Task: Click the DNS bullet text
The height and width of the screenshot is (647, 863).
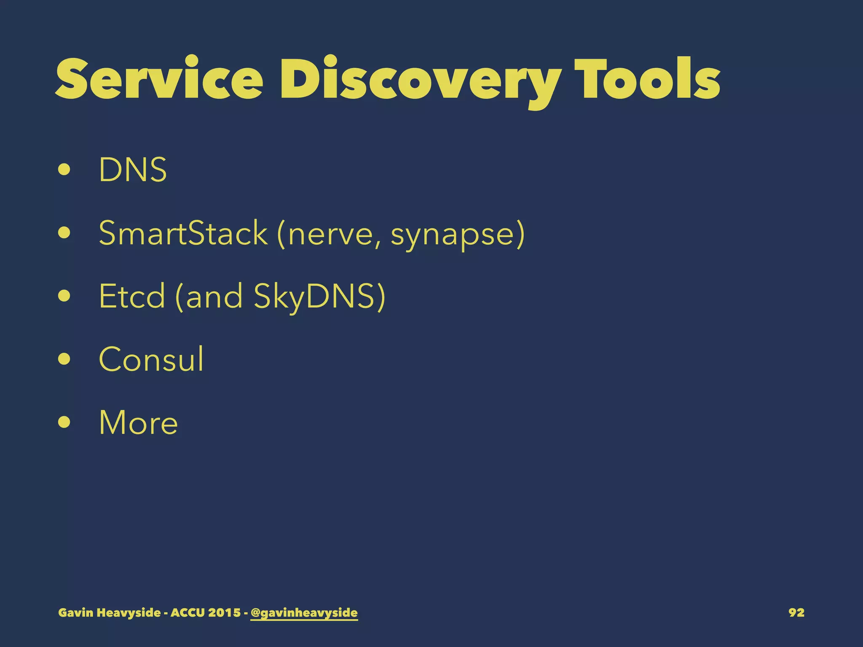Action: [x=133, y=170]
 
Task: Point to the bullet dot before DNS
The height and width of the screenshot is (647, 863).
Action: [x=64, y=170]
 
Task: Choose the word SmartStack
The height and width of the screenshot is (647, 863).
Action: [x=183, y=233]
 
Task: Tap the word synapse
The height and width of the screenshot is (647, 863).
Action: [x=453, y=235]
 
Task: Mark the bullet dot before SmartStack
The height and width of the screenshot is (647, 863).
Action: [x=64, y=233]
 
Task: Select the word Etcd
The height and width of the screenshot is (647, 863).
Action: [x=132, y=296]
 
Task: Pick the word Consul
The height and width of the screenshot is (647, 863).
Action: [x=151, y=359]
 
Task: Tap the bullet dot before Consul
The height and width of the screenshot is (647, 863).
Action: [x=64, y=359]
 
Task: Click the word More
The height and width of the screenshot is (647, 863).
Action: [x=138, y=422]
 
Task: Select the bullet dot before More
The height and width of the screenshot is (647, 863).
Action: [x=64, y=422]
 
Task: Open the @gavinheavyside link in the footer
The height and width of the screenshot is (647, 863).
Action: [x=304, y=612]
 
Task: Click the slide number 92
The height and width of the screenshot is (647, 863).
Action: [x=796, y=612]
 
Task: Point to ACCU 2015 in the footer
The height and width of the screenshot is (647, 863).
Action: [x=205, y=612]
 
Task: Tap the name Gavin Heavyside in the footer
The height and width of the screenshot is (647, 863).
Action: [x=109, y=612]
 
